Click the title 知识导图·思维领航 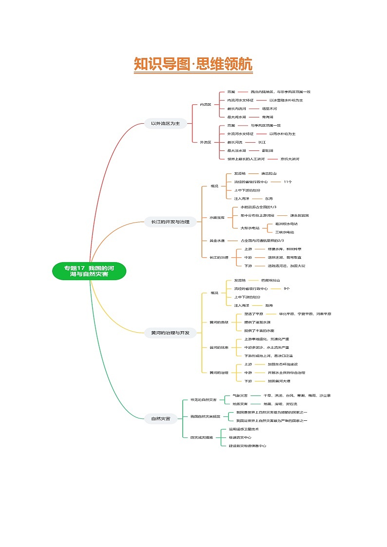tap(193, 64)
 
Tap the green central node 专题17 tap(89, 271)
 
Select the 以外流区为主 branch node tap(165, 124)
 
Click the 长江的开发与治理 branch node tap(167, 222)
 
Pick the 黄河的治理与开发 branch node tap(167, 333)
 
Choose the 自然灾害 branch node tap(160, 418)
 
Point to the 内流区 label tap(206, 104)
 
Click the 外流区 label tap(206, 142)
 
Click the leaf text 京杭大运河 tap(290, 159)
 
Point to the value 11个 tap(288, 182)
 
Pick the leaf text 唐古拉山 tap(269, 173)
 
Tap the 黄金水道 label tap(217, 240)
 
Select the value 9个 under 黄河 tap(287, 288)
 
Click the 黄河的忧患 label tap(218, 347)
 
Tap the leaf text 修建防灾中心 tap(240, 437)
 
